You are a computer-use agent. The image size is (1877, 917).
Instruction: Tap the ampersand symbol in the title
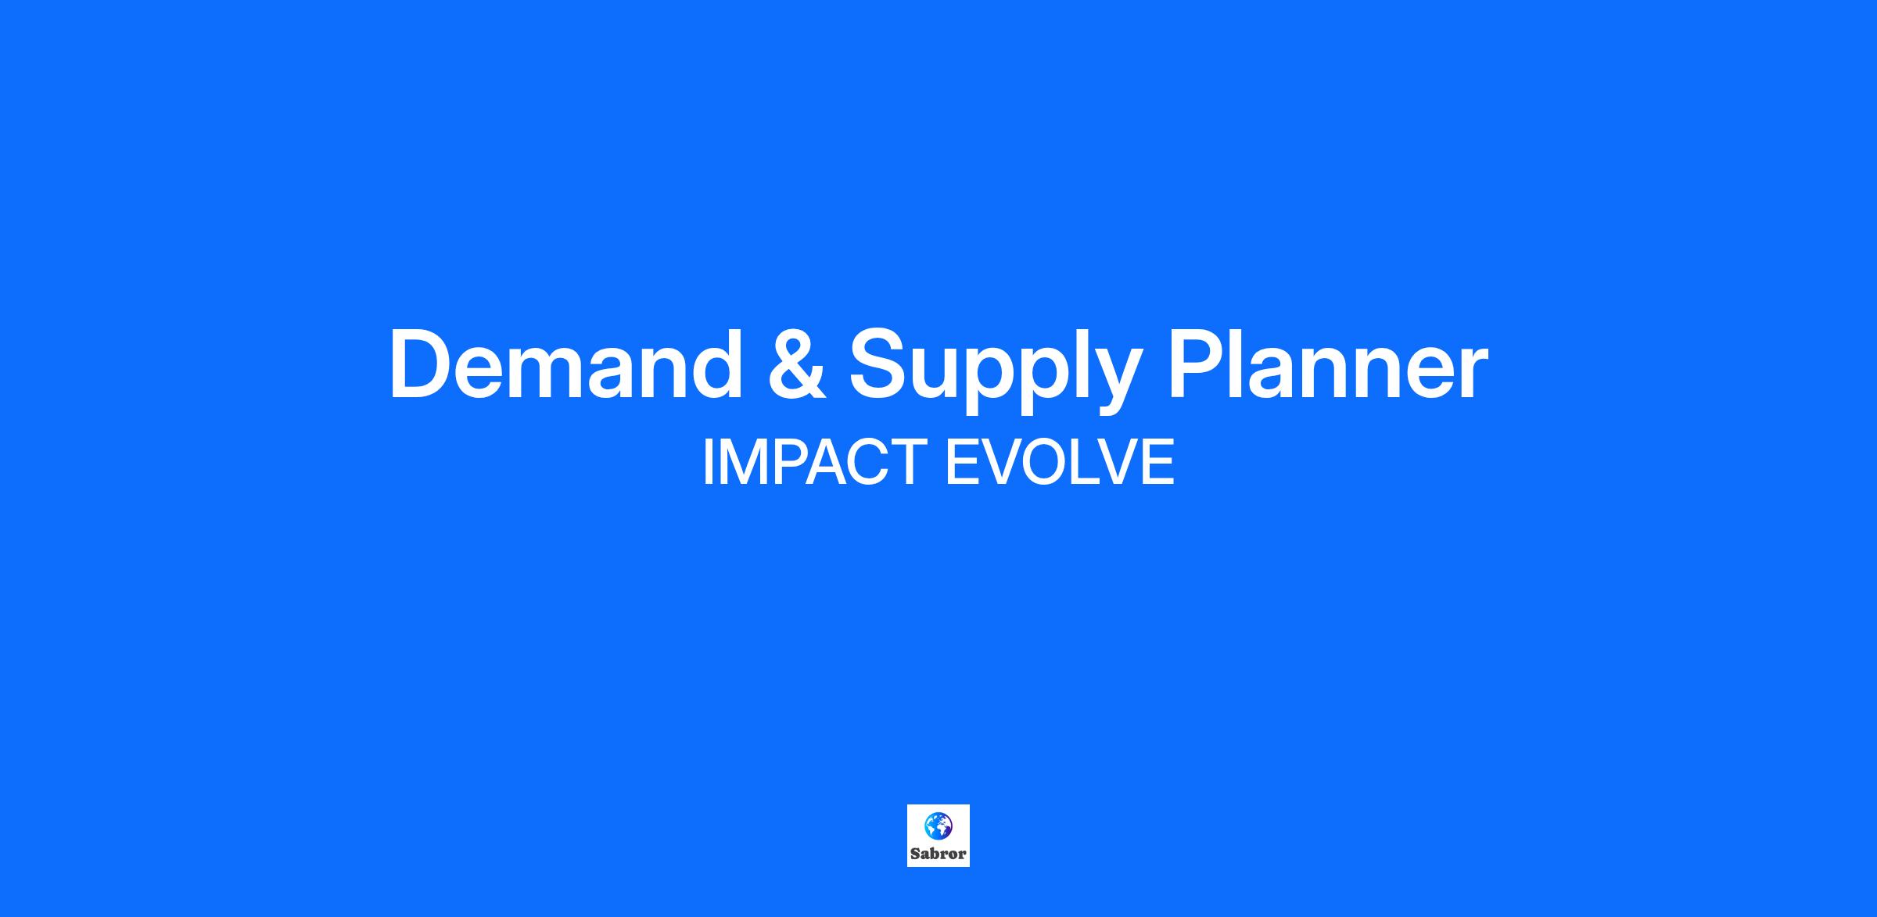pyautogui.click(x=797, y=365)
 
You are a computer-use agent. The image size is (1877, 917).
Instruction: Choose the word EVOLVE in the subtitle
pyautogui.click(x=1060, y=462)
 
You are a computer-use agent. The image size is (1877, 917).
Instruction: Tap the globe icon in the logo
pyautogui.click(x=938, y=825)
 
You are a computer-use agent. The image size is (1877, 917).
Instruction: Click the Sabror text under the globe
pyautogui.click(x=938, y=854)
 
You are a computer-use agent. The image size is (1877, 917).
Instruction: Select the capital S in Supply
pyautogui.click(x=880, y=364)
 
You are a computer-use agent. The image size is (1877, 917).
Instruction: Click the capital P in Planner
pyautogui.click(x=1199, y=364)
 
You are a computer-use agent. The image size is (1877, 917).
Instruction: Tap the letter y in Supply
pyautogui.click(x=1111, y=381)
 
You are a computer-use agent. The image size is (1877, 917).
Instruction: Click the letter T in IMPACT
pyautogui.click(x=899, y=462)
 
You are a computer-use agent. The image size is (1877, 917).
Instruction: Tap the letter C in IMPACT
pyautogui.click(x=859, y=462)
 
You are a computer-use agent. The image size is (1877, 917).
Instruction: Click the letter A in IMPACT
pyautogui.click(x=814, y=462)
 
